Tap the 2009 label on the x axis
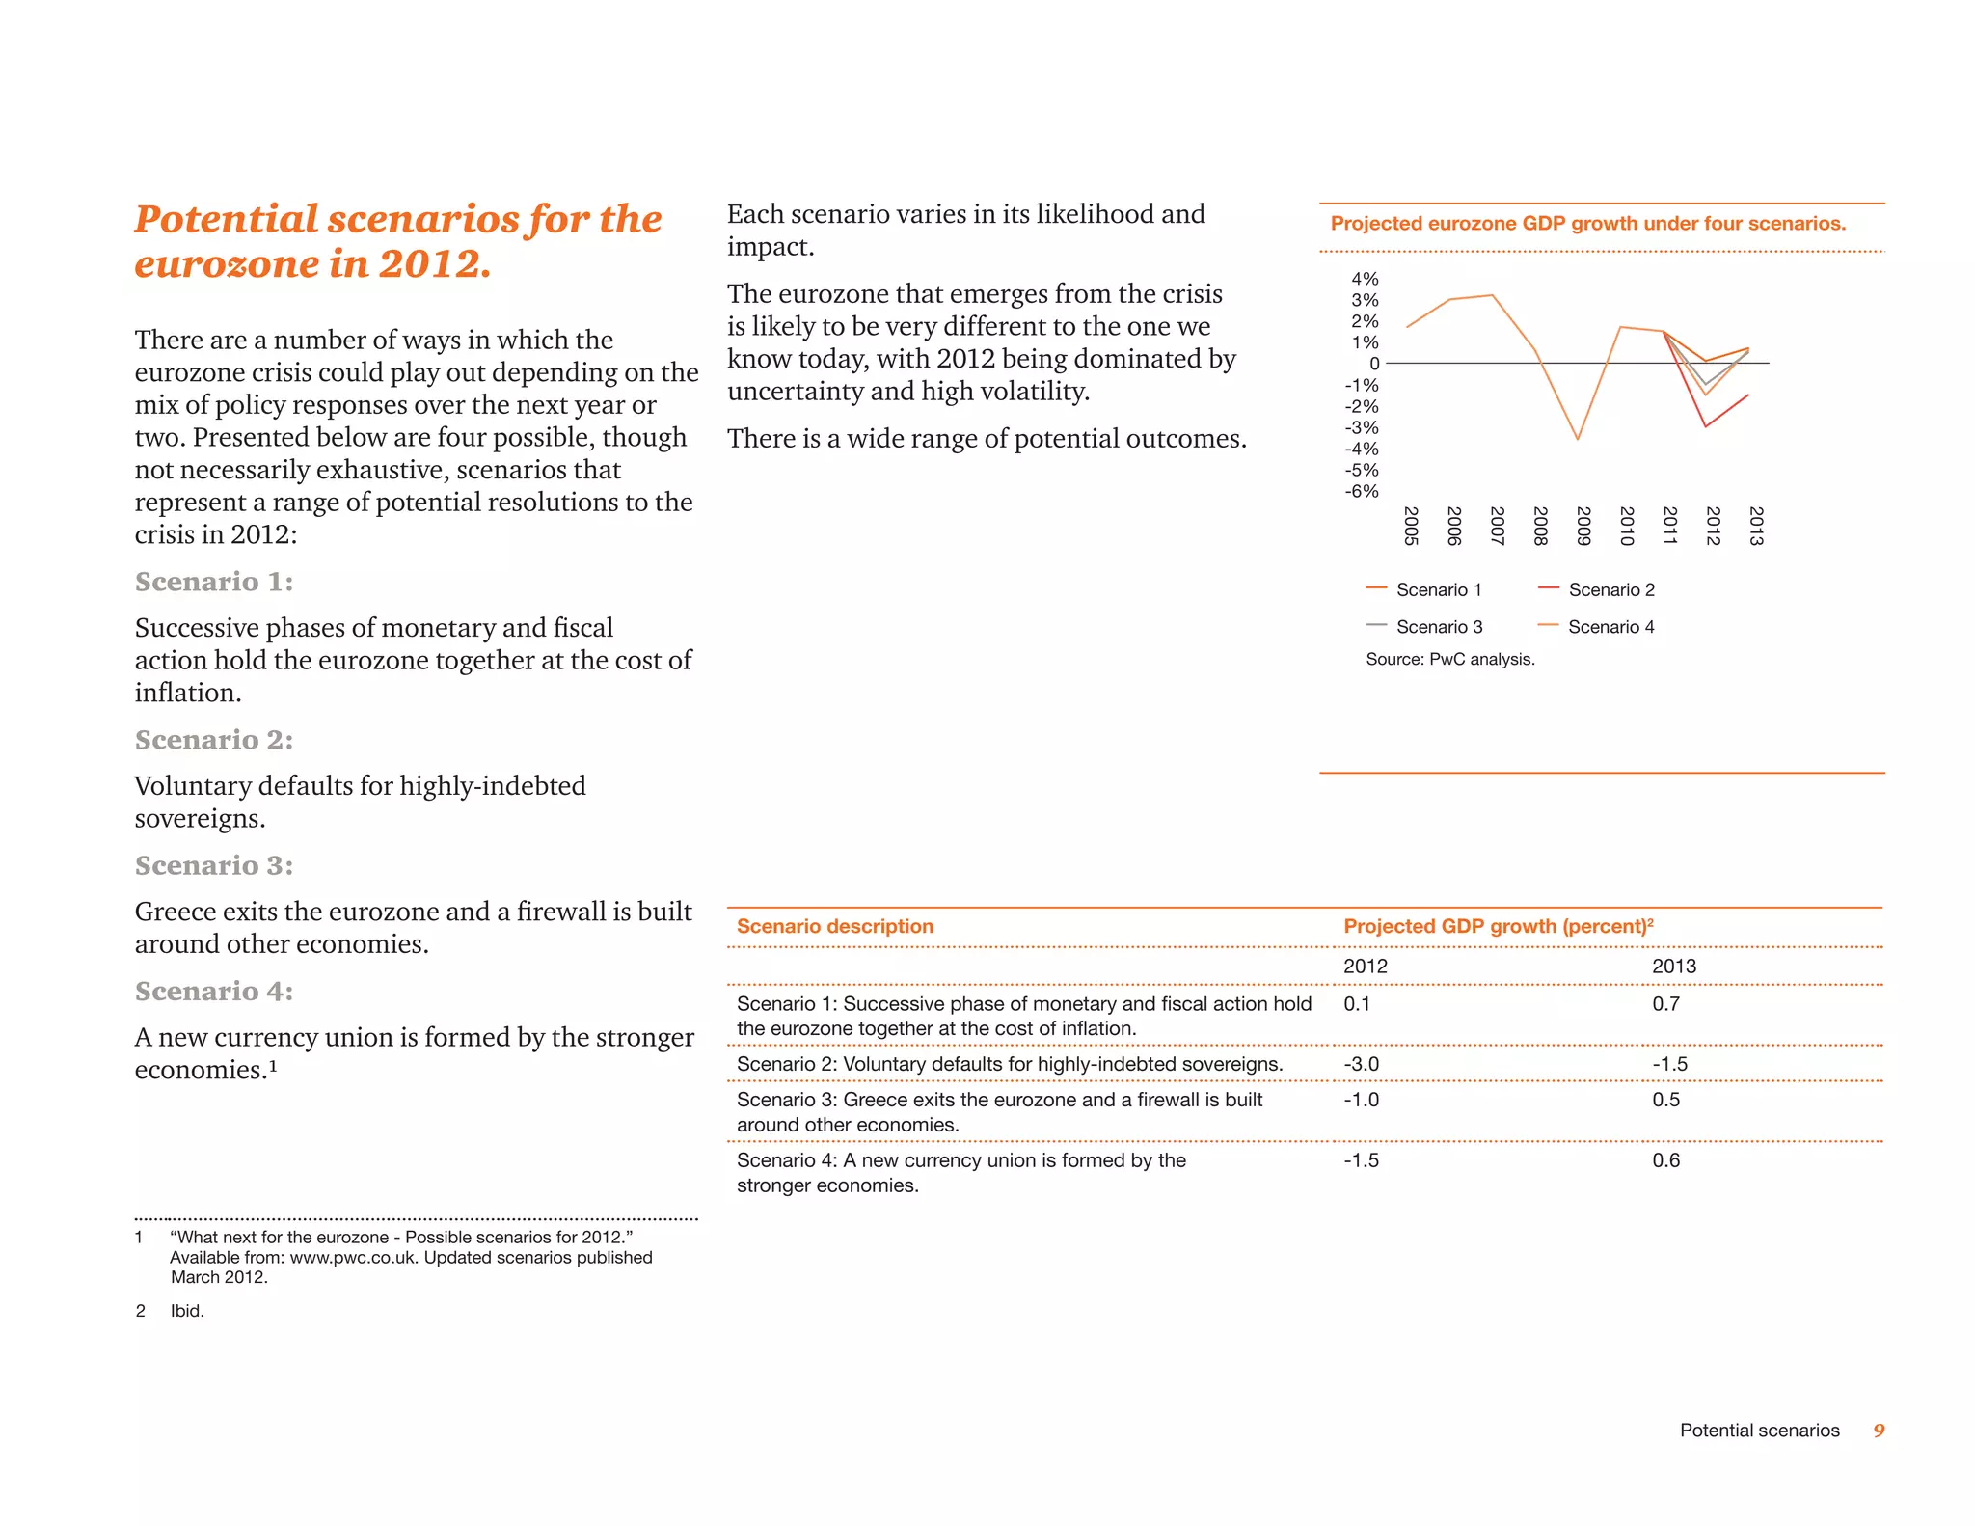point(1583,526)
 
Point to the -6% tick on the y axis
point(1362,491)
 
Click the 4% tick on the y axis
point(1365,279)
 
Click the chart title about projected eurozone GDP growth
point(1587,224)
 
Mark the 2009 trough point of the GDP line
point(1578,440)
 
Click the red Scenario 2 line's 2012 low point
point(1705,426)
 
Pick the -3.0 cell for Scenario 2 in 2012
point(1361,1064)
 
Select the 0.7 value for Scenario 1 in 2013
point(1665,1004)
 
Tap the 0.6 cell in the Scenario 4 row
point(1665,1160)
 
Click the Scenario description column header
point(834,926)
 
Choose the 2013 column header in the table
point(1673,967)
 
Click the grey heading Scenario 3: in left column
point(214,865)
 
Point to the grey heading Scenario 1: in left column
point(214,582)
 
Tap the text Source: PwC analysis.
point(1449,660)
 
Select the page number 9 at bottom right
point(1879,1431)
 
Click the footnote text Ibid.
point(187,1311)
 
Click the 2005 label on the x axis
point(1410,526)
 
